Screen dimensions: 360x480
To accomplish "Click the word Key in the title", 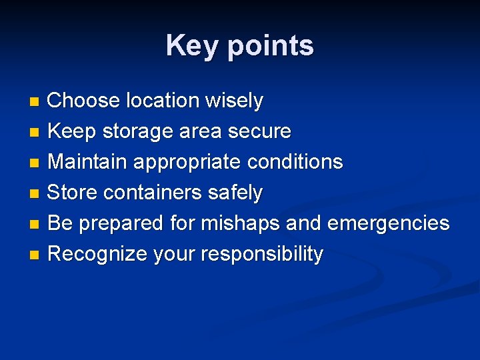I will click(x=192, y=46).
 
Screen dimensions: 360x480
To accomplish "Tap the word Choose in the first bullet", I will click(x=84, y=101).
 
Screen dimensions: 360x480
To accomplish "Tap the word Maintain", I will click(x=89, y=162).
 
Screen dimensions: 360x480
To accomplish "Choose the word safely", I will click(x=235, y=193).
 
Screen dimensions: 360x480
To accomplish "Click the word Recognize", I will click(x=98, y=255).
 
